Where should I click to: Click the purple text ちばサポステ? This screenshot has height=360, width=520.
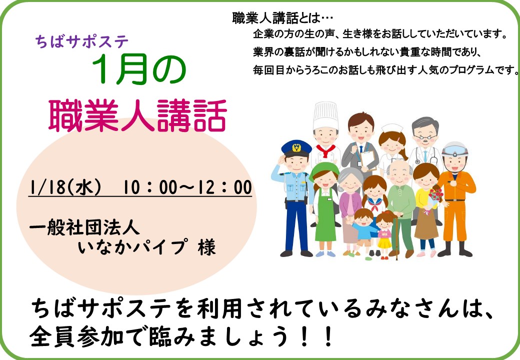point(81,42)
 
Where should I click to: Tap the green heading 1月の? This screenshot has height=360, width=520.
point(138,70)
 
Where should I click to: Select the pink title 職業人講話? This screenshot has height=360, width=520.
point(138,115)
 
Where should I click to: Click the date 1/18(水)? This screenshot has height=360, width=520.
point(65,187)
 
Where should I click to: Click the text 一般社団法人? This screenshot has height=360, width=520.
point(84,227)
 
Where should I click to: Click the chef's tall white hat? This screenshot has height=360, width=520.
point(325,115)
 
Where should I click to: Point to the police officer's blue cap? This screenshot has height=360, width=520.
point(296,147)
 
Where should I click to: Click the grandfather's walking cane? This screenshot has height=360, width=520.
point(396,237)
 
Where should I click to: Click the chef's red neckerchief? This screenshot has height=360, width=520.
point(325,150)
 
